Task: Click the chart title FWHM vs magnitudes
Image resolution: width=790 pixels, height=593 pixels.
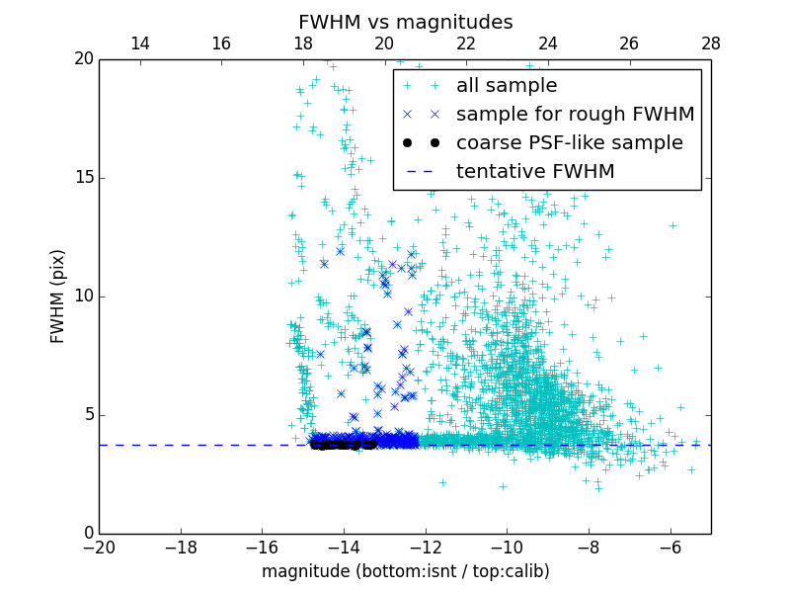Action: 405,22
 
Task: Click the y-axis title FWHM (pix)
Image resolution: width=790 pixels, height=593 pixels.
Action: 58,296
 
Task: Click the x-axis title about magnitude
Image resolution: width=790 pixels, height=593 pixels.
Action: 405,571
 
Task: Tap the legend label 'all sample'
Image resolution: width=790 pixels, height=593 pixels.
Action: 507,86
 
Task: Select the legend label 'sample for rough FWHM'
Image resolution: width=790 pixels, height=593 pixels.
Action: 575,115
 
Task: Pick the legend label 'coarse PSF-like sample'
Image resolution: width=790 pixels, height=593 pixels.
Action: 569,143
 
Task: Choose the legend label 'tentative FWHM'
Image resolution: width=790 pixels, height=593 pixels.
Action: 535,172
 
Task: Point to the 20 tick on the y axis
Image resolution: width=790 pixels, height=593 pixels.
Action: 83,59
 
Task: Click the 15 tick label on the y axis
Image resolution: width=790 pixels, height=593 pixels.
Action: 83,178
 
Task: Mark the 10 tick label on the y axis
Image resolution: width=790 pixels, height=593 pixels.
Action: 83,296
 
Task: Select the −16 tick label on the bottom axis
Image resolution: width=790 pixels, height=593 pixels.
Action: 262,548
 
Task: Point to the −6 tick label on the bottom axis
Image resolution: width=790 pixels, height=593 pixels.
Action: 671,548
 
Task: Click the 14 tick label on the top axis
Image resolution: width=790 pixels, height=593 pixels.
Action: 140,43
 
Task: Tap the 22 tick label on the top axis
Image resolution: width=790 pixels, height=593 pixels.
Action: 466,43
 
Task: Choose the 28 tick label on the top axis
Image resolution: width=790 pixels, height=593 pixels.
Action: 711,43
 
